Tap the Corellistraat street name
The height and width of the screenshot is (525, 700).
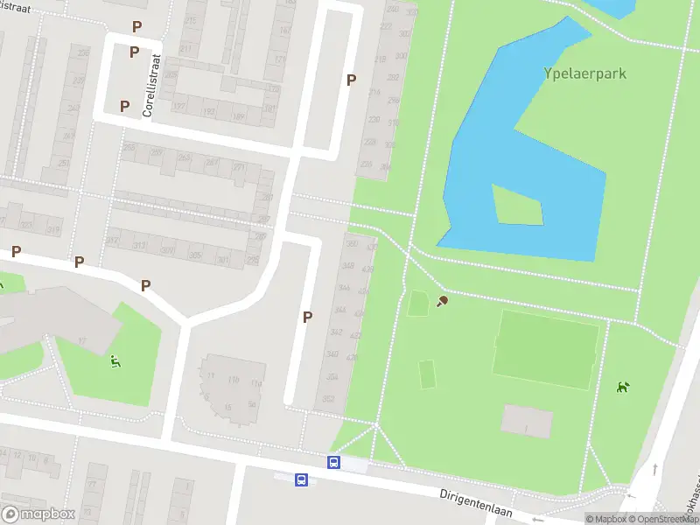pos(156,86)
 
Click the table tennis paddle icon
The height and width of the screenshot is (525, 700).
pos(443,302)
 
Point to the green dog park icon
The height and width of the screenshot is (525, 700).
pos(623,387)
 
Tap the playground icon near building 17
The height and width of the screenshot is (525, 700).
pos(115,361)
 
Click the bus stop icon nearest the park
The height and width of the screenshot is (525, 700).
pos(333,462)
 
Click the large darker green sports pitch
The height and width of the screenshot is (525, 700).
pos(546,349)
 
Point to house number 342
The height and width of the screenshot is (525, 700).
pos(335,332)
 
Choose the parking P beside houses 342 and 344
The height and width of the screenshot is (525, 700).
pos(307,317)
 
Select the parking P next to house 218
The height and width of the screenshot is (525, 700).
pos(351,80)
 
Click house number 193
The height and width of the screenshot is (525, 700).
pos(210,113)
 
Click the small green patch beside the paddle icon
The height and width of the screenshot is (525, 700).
pos(418,304)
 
